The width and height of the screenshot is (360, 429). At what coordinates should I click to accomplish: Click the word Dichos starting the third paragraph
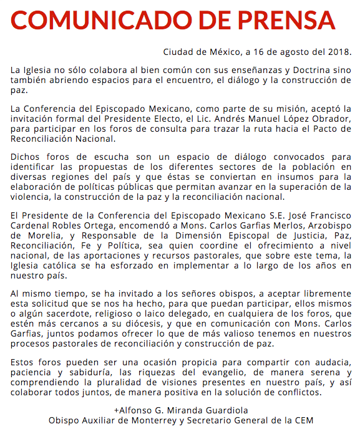coord(27,157)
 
